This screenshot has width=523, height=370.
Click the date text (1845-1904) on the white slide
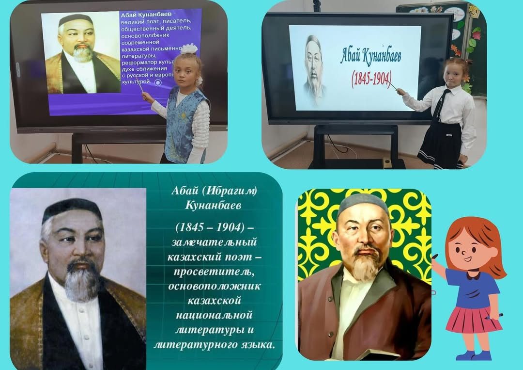pyautogui.click(x=371, y=79)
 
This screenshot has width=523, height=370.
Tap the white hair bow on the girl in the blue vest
pyautogui.click(x=190, y=48)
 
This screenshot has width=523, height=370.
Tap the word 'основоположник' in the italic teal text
pyautogui.click(x=214, y=286)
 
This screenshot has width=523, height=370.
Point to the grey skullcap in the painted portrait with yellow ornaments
pyautogui.click(x=363, y=204)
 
